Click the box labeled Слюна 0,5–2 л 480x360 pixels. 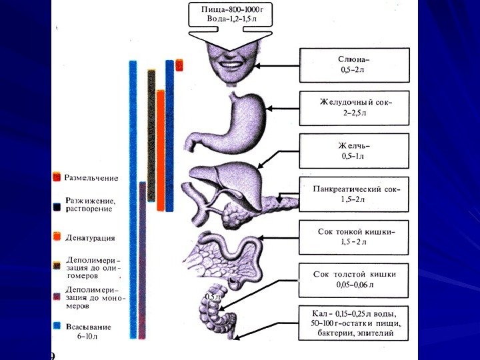[x=354, y=65]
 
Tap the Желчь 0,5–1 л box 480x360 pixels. [x=354, y=151]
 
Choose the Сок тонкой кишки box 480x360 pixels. [x=354, y=236]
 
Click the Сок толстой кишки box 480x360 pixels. [x=354, y=279]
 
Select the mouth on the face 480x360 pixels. [x=231, y=66]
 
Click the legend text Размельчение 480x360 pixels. [x=91, y=178]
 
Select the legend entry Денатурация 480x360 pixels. [x=90, y=237]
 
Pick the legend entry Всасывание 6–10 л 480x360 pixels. [x=88, y=331]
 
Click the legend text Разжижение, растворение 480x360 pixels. [x=90, y=204]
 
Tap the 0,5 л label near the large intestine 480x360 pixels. [x=213, y=295]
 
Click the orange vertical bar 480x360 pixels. [x=161, y=150]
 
